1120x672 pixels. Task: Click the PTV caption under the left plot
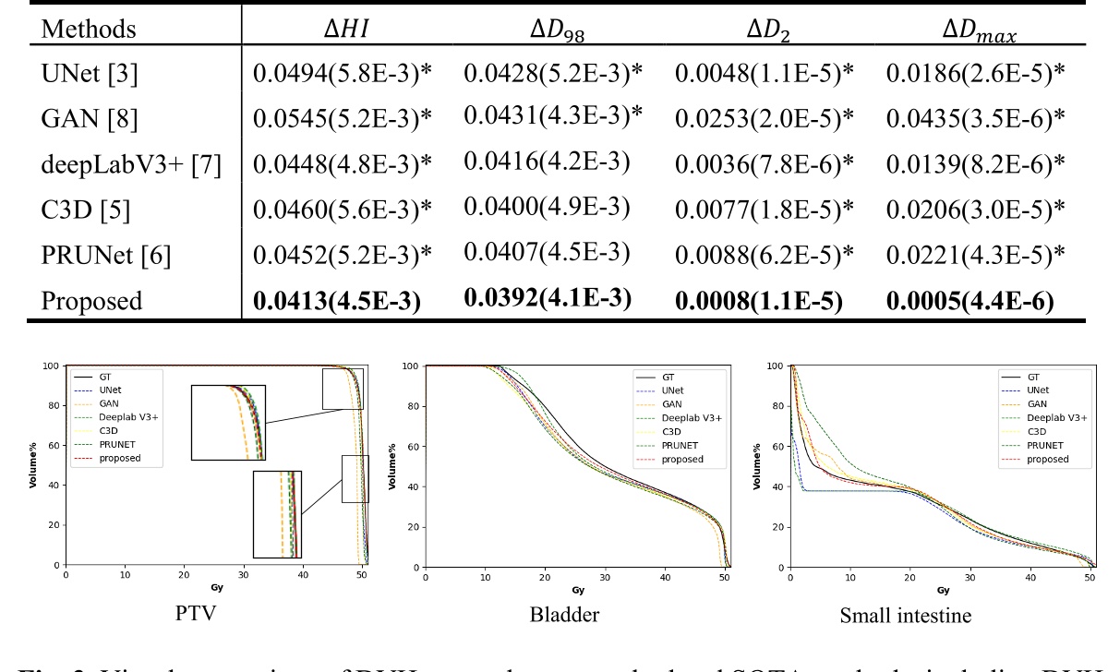(215, 617)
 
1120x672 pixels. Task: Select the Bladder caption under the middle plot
(576, 617)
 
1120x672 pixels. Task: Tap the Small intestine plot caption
(938, 617)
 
